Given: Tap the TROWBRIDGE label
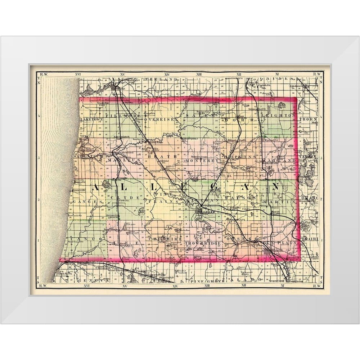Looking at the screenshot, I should pyautogui.click(x=202, y=244).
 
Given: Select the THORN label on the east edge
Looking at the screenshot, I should pyautogui.click(x=309, y=118).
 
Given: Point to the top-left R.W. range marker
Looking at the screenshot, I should pyautogui.click(x=44, y=74).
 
